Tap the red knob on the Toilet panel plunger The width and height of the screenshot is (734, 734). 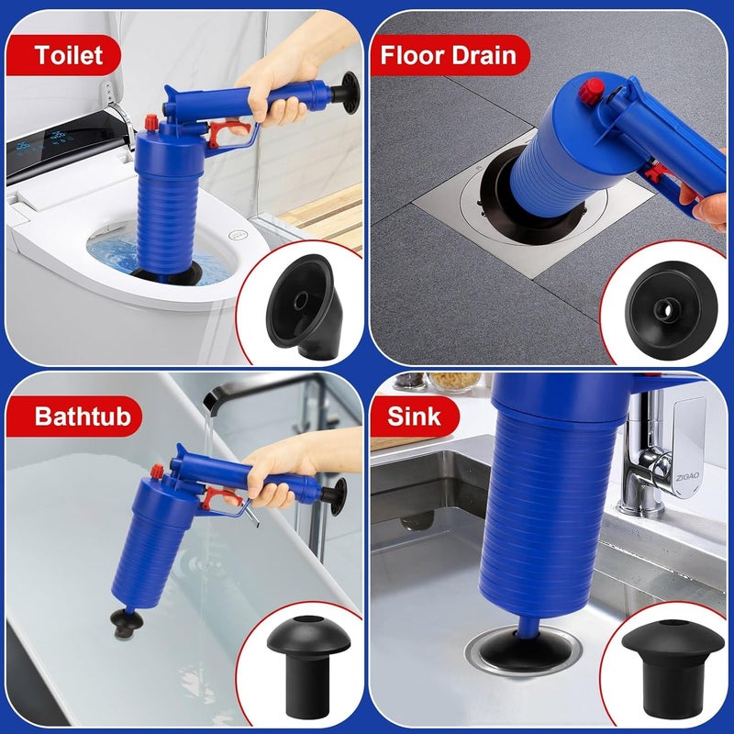tap(150, 122)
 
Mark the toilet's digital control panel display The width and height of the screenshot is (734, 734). tap(46, 150)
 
